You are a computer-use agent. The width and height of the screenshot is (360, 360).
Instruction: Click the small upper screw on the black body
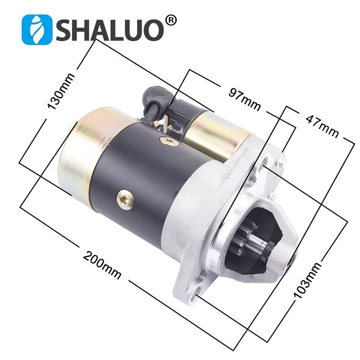pos(168,141)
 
